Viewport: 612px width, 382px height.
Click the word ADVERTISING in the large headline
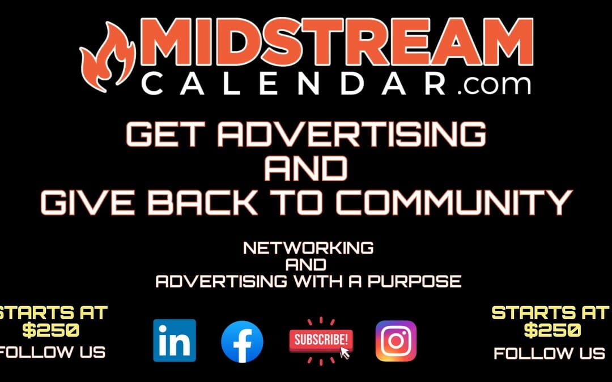click(x=354, y=135)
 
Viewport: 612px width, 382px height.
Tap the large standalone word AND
click(x=306, y=168)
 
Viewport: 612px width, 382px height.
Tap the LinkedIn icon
click(x=174, y=340)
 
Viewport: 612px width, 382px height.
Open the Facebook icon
click(x=242, y=341)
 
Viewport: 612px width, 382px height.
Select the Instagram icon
click(x=396, y=341)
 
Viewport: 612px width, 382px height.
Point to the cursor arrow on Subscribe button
click(x=345, y=353)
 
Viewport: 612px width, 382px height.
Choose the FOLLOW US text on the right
click(x=549, y=354)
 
